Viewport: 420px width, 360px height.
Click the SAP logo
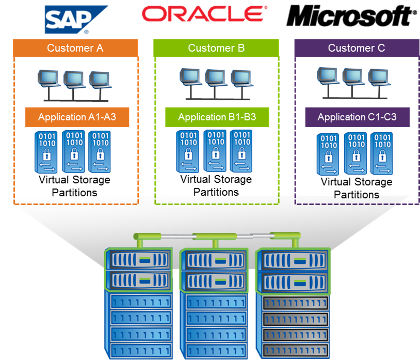(x=76, y=19)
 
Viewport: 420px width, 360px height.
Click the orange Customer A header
(x=75, y=48)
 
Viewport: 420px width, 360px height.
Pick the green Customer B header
(x=216, y=49)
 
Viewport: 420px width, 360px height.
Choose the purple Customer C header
(x=357, y=49)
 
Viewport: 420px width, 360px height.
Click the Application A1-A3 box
(x=77, y=117)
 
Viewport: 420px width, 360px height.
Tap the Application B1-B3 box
(x=217, y=117)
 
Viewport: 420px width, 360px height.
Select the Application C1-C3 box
(x=357, y=117)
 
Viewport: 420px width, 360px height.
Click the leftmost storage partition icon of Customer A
(x=48, y=151)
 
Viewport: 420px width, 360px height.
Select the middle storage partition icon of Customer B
(x=216, y=150)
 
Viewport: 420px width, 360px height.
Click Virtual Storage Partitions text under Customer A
(x=74, y=186)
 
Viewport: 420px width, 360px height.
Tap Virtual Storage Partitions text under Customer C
(x=357, y=188)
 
